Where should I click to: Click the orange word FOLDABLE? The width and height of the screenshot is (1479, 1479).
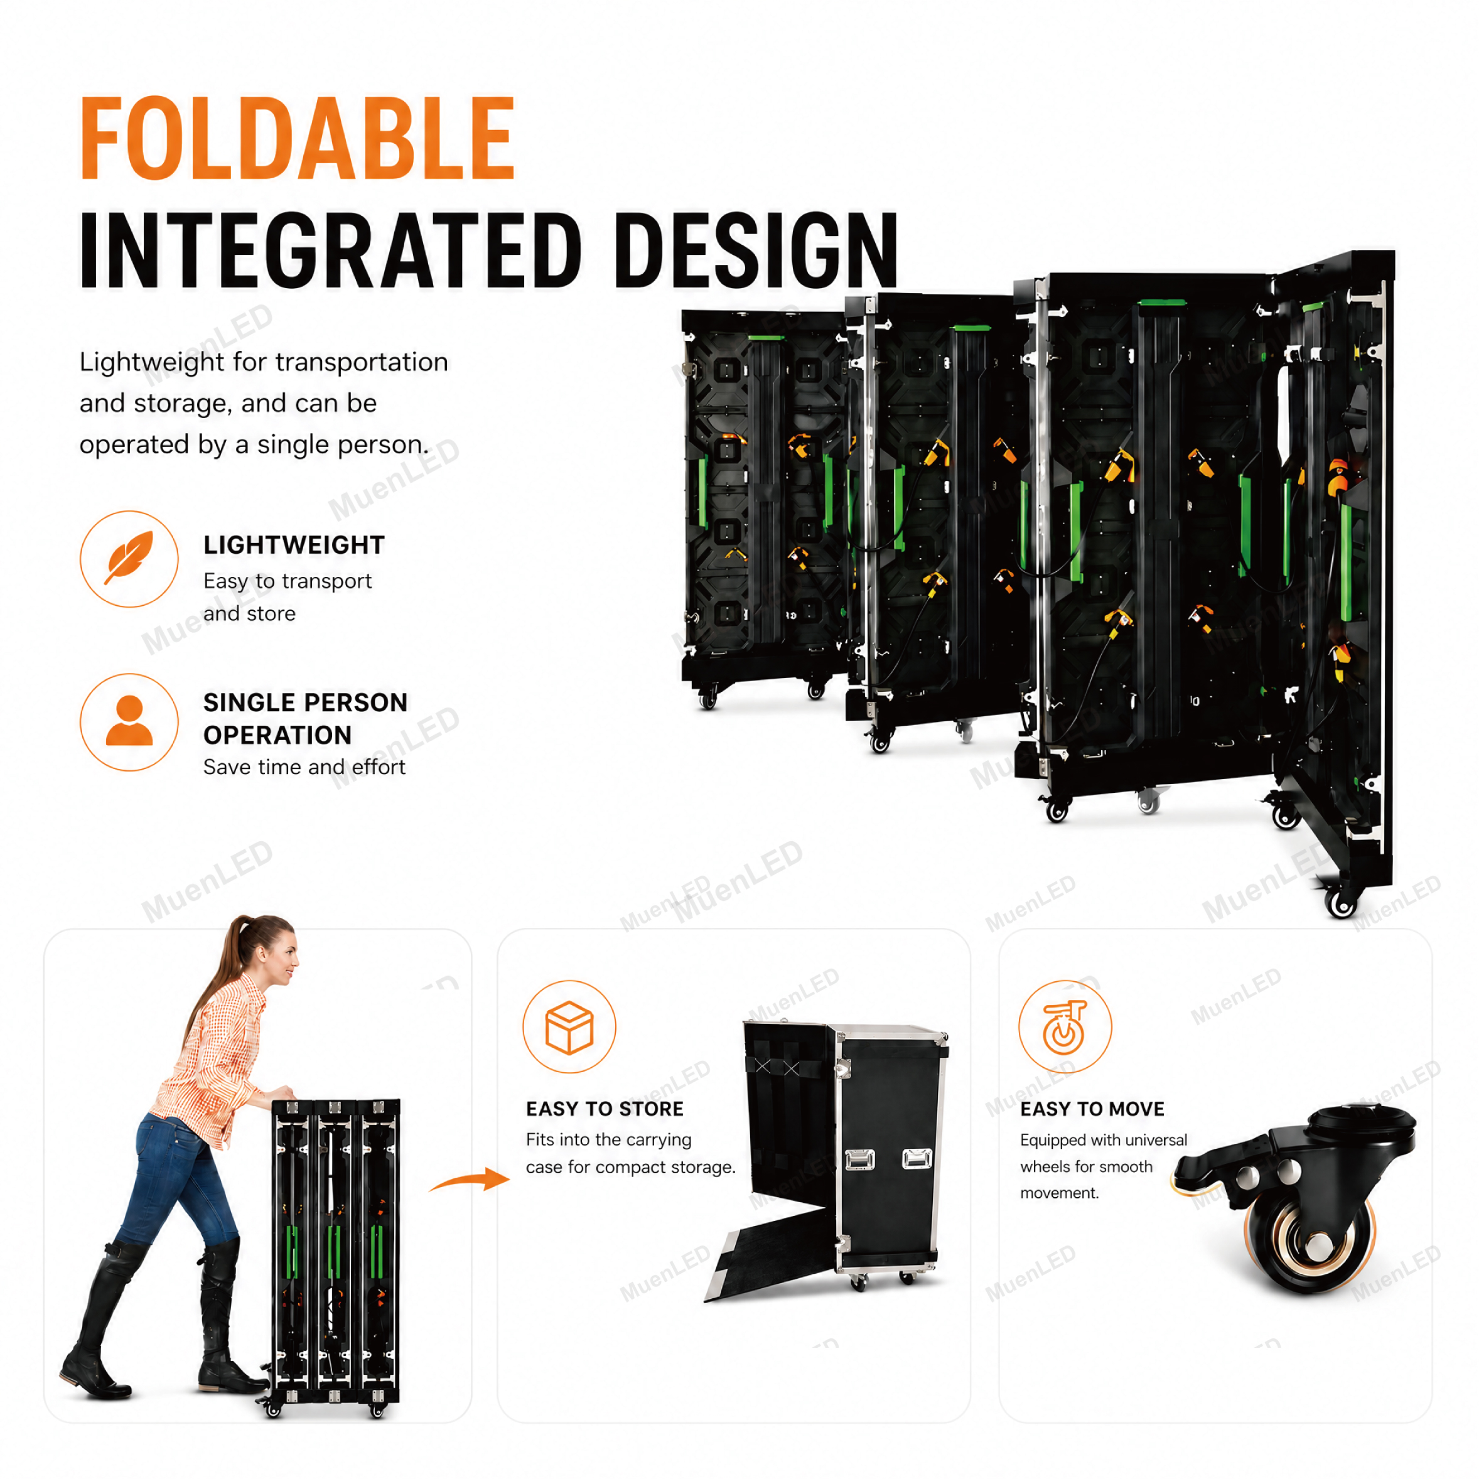coord(297,139)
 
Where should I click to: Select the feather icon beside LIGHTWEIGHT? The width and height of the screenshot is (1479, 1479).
coord(129,558)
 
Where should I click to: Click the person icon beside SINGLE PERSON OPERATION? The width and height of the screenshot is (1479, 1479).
coord(129,721)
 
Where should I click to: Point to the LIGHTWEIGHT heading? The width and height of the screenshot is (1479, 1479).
coord(294,545)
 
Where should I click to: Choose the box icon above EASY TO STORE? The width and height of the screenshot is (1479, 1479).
coord(569,1026)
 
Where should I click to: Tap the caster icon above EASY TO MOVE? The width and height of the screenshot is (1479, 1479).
coord(1064,1026)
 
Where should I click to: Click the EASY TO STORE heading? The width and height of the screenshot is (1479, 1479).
coord(605,1109)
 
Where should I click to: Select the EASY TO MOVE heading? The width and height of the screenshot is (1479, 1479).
coord(1092,1109)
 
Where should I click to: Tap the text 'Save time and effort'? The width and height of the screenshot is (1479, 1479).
coord(304,767)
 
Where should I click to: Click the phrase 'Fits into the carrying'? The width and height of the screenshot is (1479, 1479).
coord(608,1140)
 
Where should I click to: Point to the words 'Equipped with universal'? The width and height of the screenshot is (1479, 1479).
coord(1103,1141)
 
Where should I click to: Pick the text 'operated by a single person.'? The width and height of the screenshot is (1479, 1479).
coord(254,445)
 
